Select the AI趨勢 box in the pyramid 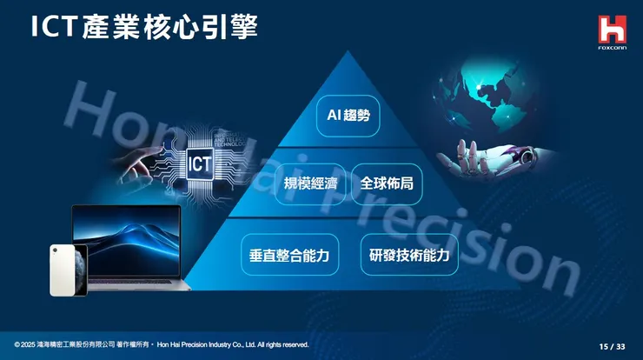pyautogui.click(x=348, y=116)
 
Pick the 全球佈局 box pyautogui.click(x=387, y=184)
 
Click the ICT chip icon pyautogui.click(x=201, y=162)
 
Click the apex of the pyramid pyautogui.click(x=348, y=54)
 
